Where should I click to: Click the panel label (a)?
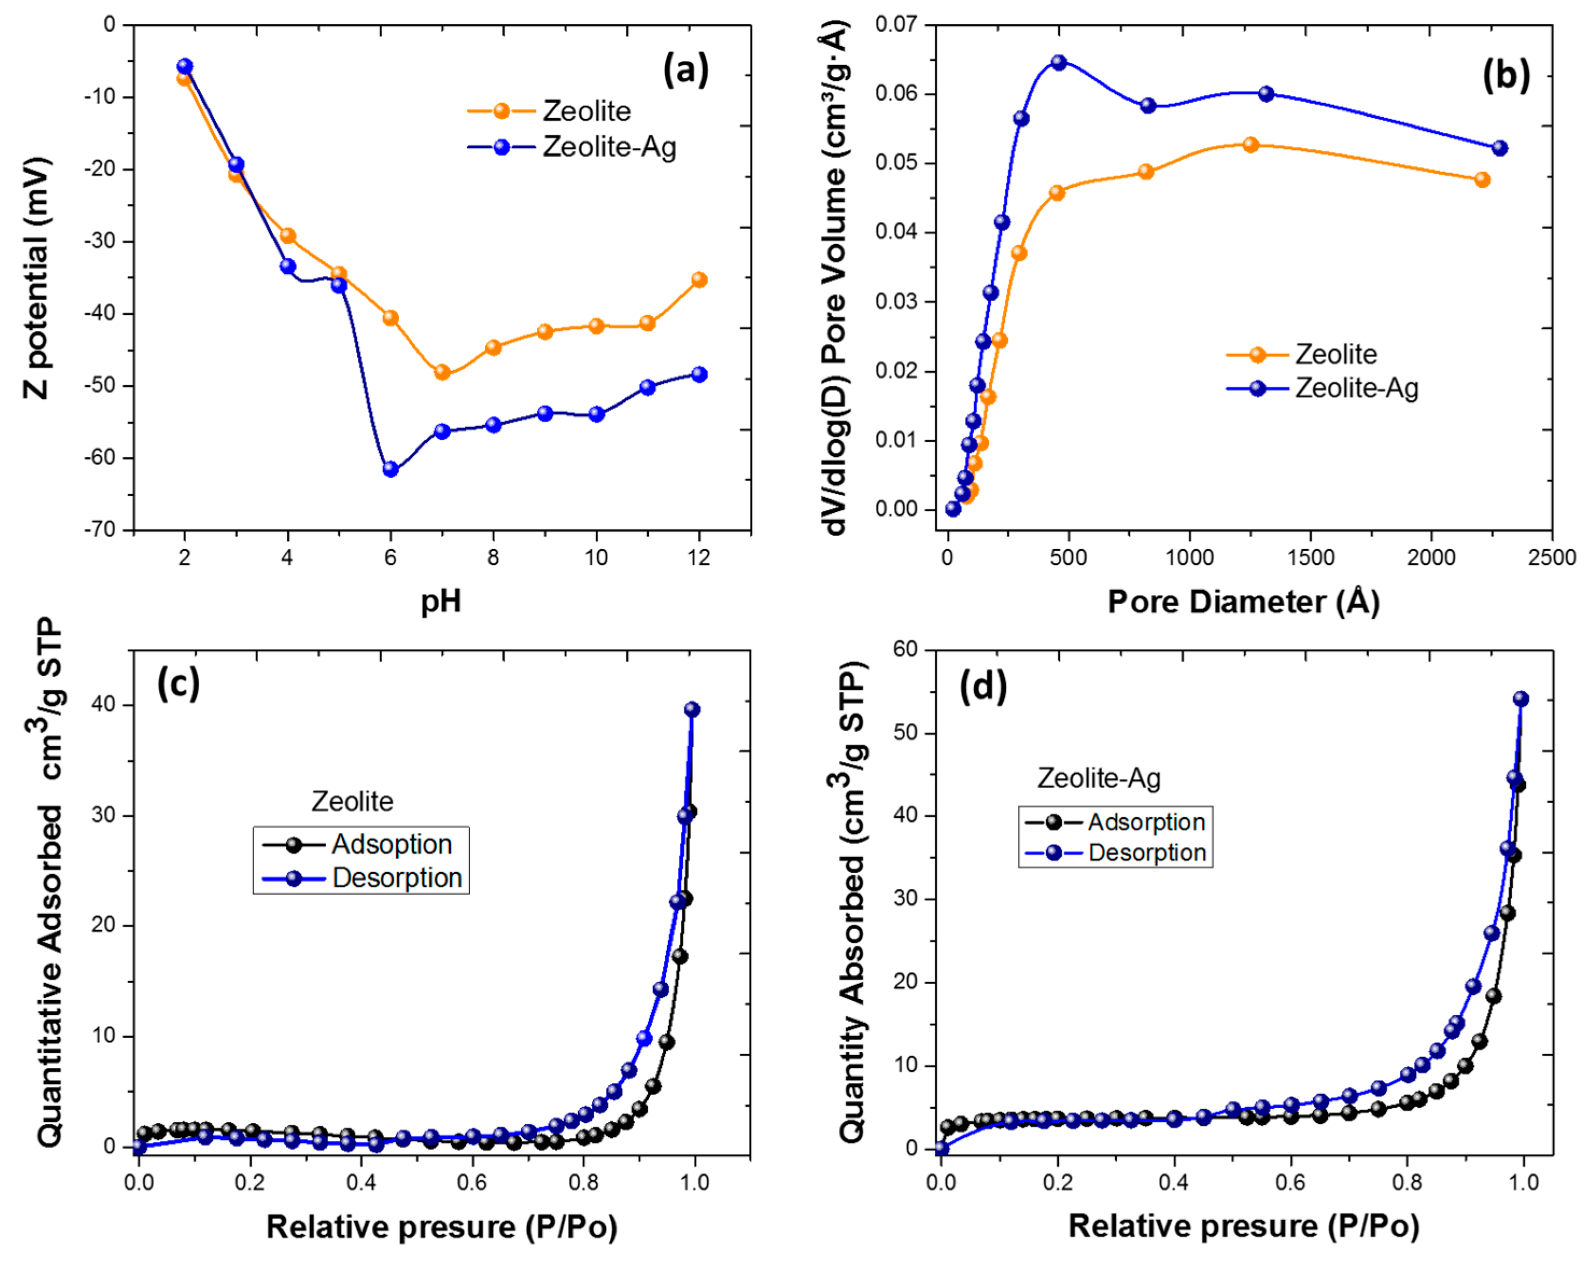[x=685, y=72]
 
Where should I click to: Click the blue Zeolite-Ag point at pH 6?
[x=391, y=469]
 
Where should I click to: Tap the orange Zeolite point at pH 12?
[x=699, y=279]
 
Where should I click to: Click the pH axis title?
[x=441, y=601]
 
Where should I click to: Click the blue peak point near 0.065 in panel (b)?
[x=1059, y=63]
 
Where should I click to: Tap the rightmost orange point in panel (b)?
[x=1482, y=180]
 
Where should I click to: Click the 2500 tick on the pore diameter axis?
[x=1552, y=558]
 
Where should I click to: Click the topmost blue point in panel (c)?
[x=692, y=710]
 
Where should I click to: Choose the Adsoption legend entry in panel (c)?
[x=391, y=844]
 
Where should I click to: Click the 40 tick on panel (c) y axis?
[x=104, y=705]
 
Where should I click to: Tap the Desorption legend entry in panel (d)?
[x=1146, y=853]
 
